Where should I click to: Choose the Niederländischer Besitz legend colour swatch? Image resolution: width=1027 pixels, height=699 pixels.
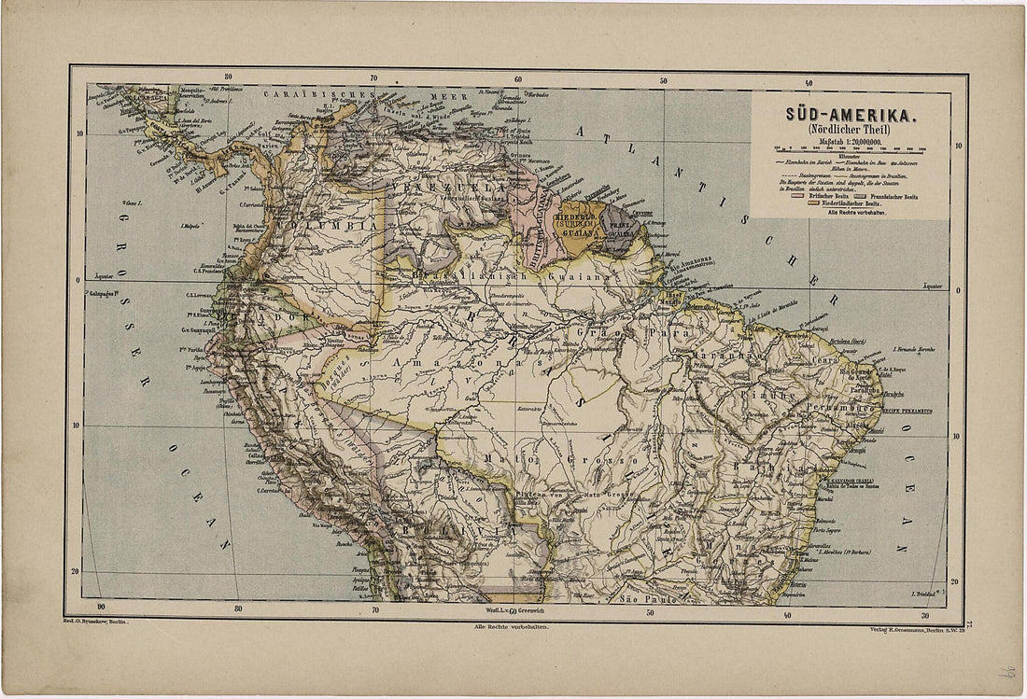[x=812, y=203]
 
